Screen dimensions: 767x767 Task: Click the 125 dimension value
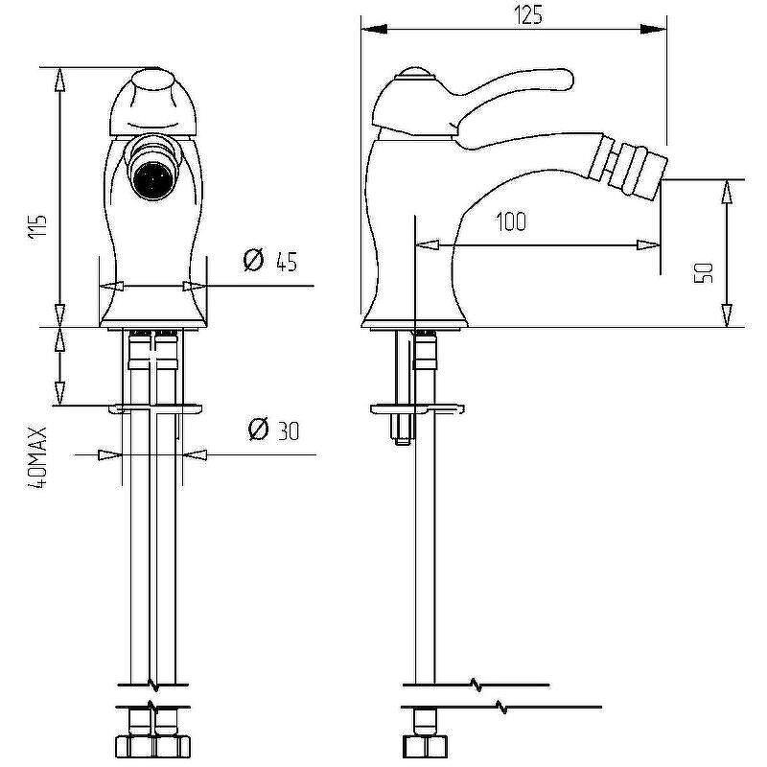(x=528, y=15)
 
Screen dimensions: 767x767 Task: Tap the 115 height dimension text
(x=37, y=226)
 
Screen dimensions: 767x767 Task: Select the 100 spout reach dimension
(x=511, y=221)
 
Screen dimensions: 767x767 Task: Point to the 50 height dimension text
(x=704, y=273)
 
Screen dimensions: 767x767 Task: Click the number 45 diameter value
(x=287, y=263)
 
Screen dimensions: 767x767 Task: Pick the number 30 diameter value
(x=289, y=430)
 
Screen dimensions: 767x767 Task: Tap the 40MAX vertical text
(x=37, y=458)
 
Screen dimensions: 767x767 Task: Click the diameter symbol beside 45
(x=253, y=259)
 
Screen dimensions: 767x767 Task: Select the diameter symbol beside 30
(x=258, y=429)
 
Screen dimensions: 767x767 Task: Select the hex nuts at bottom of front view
(x=152, y=747)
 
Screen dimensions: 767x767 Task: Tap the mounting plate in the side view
(x=417, y=409)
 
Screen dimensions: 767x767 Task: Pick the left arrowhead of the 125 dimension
(x=374, y=30)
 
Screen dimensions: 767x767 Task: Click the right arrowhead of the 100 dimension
(x=648, y=244)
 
